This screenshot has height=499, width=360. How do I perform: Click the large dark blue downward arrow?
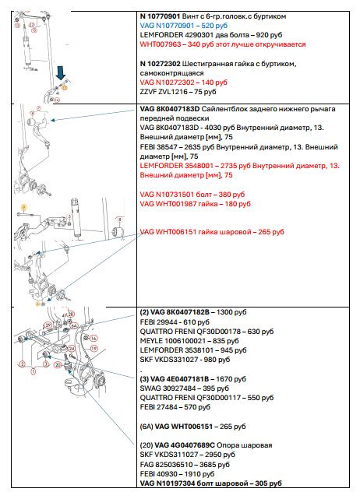tap(61, 73)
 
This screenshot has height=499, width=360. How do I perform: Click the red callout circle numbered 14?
tap(57, 100)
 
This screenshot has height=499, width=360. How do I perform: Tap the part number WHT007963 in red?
tap(161, 44)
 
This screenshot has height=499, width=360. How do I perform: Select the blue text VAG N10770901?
tap(167, 26)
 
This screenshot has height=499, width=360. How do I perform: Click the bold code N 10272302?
tap(160, 64)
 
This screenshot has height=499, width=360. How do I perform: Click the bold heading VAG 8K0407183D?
tap(170, 109)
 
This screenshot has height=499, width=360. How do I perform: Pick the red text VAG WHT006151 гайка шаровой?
tap(196, 232)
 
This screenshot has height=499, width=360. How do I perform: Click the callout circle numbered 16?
tap(94, 339)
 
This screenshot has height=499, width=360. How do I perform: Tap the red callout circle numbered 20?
tap(58, 364)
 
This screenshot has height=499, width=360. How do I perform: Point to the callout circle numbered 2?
tap(23, 364)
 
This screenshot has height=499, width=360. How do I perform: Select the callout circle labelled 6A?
tap(74, 325)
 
